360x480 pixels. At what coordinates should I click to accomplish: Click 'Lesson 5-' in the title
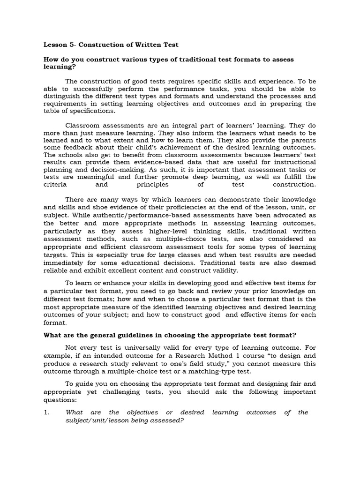60,45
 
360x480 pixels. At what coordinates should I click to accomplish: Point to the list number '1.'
46,412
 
